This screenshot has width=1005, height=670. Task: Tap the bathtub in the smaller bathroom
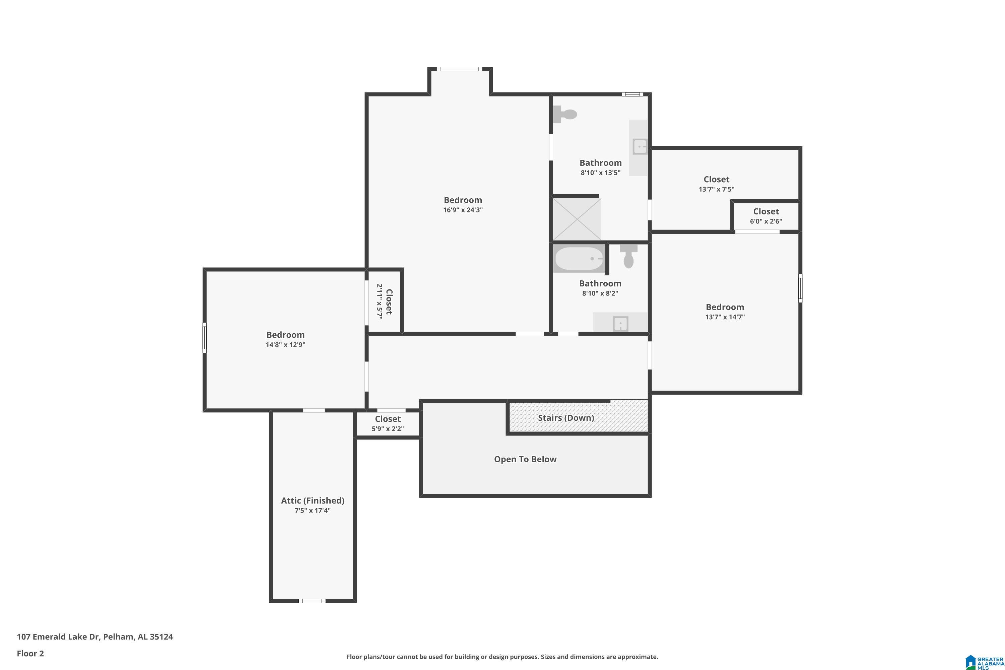point(579,259)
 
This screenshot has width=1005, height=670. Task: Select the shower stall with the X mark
point(577,219)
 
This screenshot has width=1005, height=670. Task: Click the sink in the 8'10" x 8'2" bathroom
point(620,324)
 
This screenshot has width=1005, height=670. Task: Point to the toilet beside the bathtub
point(628,256)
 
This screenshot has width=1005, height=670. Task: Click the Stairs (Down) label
point(566,418)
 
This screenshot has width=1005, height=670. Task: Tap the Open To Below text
point(525,459)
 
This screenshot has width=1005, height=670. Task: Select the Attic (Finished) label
point(312,500)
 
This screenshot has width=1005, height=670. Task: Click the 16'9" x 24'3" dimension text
point(463,210)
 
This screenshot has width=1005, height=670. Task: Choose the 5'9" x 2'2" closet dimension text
point(388,428)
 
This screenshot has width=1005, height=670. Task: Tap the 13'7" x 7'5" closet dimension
point(716,189)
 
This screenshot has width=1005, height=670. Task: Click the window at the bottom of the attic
point(312,601)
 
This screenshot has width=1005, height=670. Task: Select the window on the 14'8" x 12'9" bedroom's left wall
point(205,338)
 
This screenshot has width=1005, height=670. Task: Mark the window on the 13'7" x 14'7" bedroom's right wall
point(800,288)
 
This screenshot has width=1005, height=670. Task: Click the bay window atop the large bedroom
point(459,69)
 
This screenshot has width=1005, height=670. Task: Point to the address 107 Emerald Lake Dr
point(95,637)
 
